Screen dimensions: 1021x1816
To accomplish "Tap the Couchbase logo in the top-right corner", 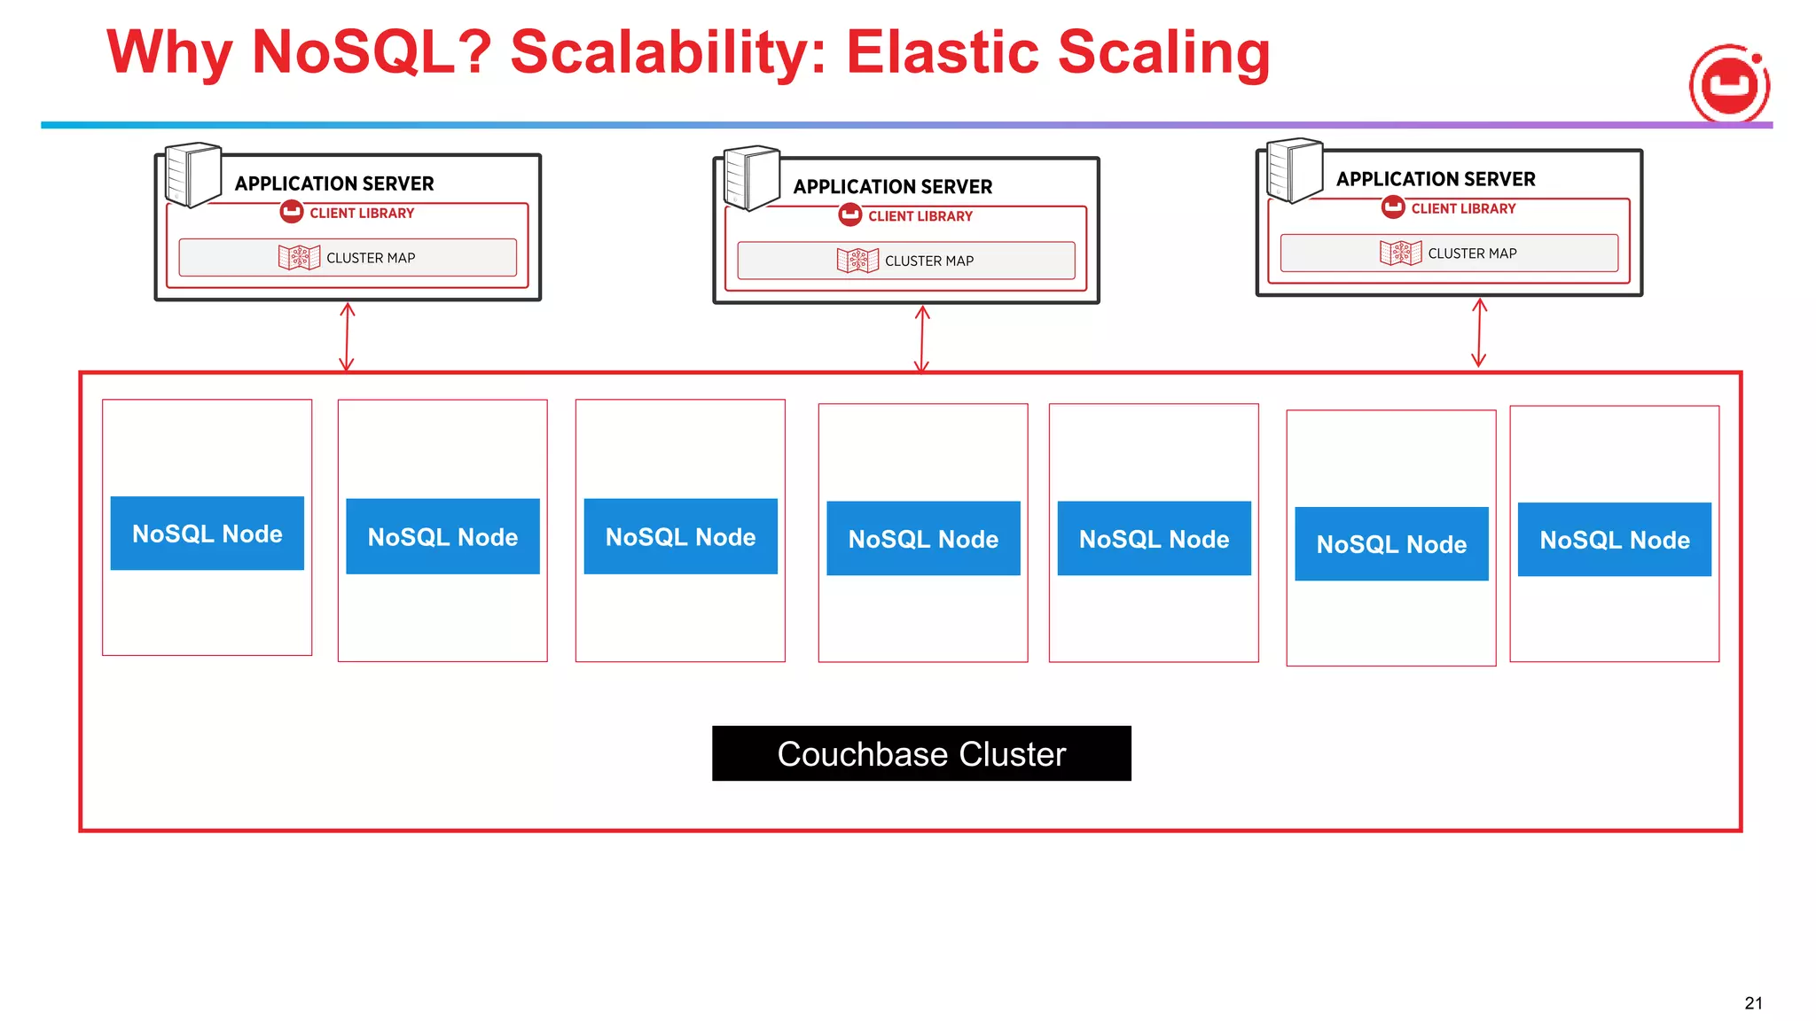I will click(x=1729, y=85).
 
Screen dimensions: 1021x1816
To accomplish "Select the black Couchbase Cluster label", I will click(x=920, y=753).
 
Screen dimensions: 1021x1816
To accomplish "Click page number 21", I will click(x=1753, y=1003).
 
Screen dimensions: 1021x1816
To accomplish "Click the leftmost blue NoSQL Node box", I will click(x=207, y=534).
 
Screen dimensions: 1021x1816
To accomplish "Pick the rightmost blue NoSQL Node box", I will click(x=1614, y=540).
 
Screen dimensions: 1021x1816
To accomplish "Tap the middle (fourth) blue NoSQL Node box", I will click(x=923, y=539).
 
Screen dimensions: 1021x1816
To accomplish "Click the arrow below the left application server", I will click(x=347, y=337).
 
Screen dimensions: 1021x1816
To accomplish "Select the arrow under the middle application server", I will click(x=921, y=339).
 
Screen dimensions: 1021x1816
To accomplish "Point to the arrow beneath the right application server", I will click(x=1479, y=332).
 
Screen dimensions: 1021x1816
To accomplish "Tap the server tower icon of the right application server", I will click(x=1294, y=169).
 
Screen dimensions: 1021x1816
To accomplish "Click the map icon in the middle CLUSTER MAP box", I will click(x=857, y=261).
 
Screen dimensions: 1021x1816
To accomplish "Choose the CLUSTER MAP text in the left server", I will click(x=371, y=258).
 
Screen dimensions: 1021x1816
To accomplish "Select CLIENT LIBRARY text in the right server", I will click(x=1463, y=208).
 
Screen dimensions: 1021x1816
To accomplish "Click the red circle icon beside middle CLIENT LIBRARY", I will click(x=849, y=214).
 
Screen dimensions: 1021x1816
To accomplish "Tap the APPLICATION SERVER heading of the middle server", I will click(x=892, y=187).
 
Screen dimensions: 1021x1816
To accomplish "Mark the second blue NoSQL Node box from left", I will click(x=442, y=536).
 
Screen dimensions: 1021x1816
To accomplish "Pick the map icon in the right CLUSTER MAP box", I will click(x=1400, y=253).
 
